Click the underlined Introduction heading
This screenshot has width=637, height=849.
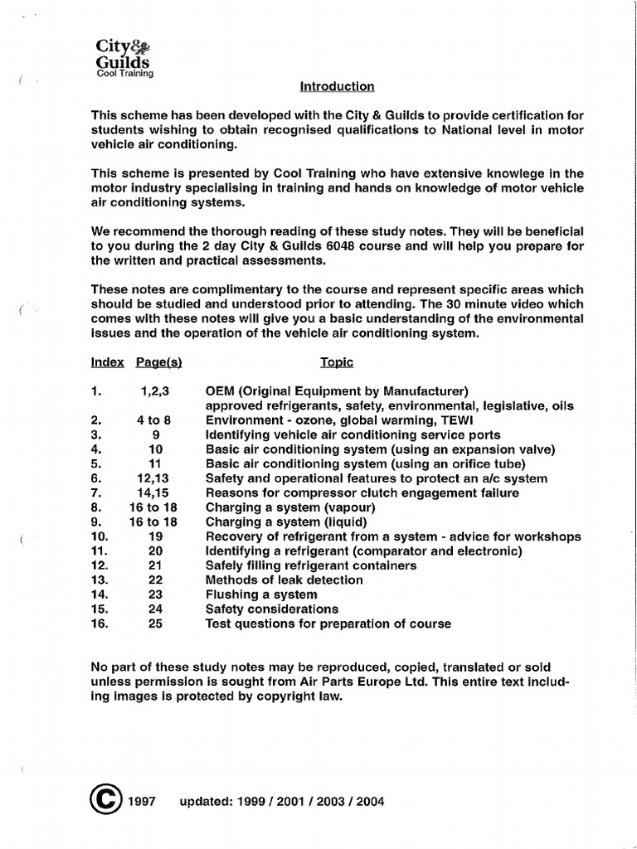click(x=336, y=86)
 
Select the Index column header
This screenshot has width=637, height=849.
click(x=107, y=362)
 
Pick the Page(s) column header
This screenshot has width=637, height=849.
click(x=158, y=362)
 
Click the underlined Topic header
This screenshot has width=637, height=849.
click(x=337, y=362)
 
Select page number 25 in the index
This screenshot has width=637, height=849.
click(x=155, y=623)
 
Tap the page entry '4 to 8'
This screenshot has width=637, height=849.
click(x=153, y=420)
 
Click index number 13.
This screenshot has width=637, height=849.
click(x=100, y=580)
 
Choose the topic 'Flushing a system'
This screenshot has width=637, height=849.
click(x=261, y=594)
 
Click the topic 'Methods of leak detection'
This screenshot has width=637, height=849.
click(x=284, y=580)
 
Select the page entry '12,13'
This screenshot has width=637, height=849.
click(x=154, y=478)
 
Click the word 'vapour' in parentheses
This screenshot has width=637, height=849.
click(x=348, y=507)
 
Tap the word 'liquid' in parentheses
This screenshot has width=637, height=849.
click(x=344, y=522)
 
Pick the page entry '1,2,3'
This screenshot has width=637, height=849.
click(x=157, y=391)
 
